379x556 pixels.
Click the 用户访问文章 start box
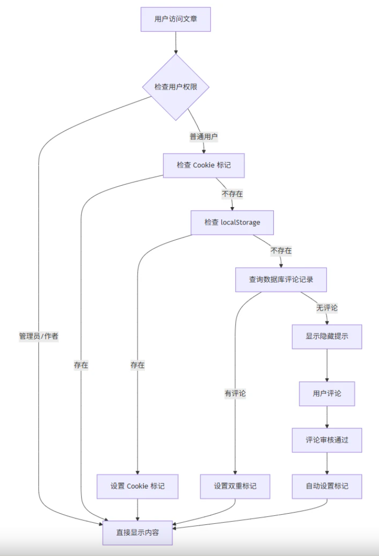click(x=175, y=19)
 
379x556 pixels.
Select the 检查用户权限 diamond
click(x=175, y=87)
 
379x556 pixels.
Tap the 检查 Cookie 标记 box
click(x=204, y=165)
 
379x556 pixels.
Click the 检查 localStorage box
click(x=232, y=222)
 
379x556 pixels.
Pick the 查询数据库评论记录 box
click(x=281, y=280)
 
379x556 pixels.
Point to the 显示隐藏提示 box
click(x=327, y=337)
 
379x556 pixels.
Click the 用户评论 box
click(x=327, y=394)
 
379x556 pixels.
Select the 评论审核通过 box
click(x=327, y=440)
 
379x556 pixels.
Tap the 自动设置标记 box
click(x=327, y=486)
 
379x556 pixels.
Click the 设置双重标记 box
click(x=235, y=486)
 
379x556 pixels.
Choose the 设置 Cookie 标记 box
click(x=138, y=486)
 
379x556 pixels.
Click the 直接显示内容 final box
click(x=138, y=533)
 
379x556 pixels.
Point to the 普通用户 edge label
click(x=204, y=137)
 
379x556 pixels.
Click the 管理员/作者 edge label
click(x=39, y=336)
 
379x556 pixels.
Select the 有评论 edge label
click(x=235, y=393)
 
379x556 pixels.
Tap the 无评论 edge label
click(x=327, y=308)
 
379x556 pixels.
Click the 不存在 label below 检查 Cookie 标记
click(x=232, y=194)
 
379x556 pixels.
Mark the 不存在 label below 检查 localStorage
click(x=281, y=251)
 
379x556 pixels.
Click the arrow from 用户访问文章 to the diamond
click(x=175, y=43)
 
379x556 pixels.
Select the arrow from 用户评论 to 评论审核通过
click(x=327, y=417)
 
